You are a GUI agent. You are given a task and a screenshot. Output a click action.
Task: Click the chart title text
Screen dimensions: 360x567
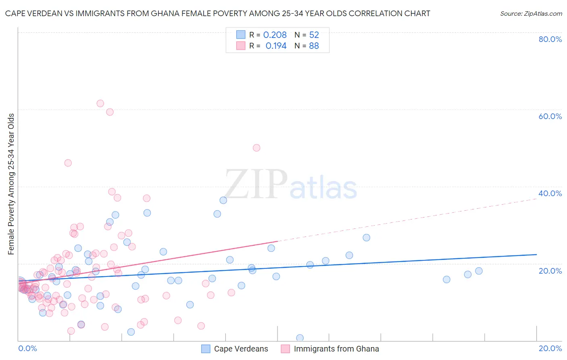(217, 13)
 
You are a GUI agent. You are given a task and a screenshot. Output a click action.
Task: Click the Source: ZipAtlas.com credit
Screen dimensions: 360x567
(531, 13)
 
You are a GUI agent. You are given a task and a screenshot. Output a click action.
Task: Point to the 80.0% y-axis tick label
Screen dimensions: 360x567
(550, 39)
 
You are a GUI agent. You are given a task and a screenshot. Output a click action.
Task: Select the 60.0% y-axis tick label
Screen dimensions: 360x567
(550, 116)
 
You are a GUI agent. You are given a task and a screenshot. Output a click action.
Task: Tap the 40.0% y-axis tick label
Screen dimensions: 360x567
(550, 193)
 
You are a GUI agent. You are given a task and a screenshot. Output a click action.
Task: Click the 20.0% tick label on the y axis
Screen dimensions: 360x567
(550, 271)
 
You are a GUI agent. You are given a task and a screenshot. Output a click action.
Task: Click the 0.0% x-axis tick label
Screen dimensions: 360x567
(27, 348)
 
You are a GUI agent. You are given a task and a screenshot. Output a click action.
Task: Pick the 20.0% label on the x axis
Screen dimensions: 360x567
(550, 348)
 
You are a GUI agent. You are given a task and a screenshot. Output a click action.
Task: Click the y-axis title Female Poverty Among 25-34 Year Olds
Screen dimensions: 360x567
(11, 184)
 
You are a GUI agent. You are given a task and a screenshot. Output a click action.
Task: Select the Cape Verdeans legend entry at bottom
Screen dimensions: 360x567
(235, 349)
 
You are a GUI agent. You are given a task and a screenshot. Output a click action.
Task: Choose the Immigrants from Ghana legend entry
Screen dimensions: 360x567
(330, 349)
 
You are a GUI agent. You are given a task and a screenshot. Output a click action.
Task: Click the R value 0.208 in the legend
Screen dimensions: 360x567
(275, 35)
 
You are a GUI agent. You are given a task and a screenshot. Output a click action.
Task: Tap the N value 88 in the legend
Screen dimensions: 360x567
(314, 46)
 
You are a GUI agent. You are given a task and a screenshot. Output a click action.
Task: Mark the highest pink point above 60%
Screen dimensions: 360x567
(100, 103)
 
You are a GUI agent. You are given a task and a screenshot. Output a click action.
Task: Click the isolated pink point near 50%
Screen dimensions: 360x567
(256, 148)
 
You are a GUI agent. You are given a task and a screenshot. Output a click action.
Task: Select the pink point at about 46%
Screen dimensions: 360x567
(68, 163)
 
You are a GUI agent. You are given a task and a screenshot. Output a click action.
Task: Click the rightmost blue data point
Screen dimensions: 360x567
(479, 271)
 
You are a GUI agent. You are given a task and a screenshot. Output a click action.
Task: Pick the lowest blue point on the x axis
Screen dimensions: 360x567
(300, 338)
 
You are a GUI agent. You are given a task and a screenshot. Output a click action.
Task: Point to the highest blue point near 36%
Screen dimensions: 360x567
(223, 200)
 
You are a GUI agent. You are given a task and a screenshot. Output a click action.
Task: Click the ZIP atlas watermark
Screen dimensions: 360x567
(290, 185)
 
